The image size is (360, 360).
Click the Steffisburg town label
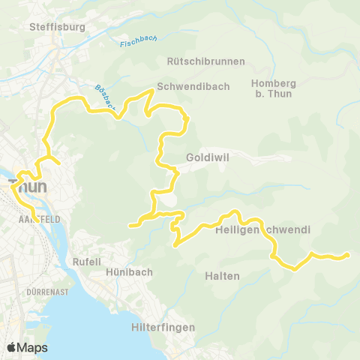point(57,27)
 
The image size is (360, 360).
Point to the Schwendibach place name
point(187,85)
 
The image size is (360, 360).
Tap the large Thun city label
point(25,185)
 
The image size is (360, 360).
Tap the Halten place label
point(222,276)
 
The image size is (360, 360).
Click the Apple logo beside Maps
point(12,347)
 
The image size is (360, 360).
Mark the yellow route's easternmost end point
point(348,256)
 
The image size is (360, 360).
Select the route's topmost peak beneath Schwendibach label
point(154,91)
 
